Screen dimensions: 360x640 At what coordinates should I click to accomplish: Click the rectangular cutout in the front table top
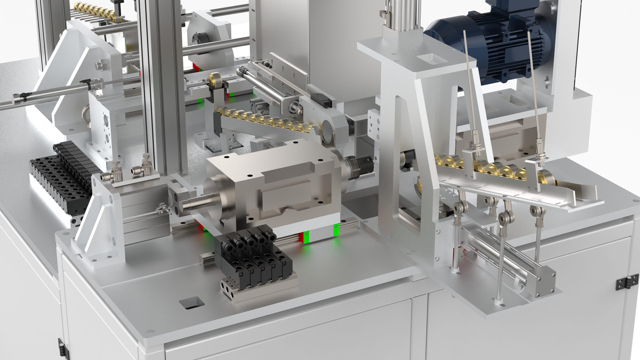tap(191, 302)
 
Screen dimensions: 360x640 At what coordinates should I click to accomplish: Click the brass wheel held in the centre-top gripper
tap(213, 80)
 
